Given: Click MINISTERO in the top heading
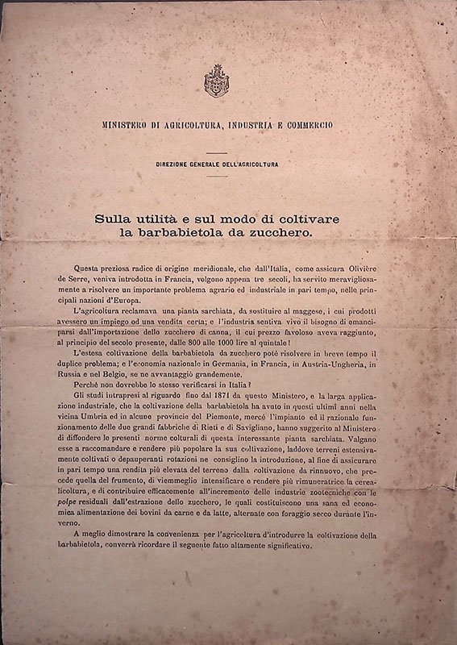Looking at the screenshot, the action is click(131, 126).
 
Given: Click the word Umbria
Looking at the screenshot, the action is click(100, 408).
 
